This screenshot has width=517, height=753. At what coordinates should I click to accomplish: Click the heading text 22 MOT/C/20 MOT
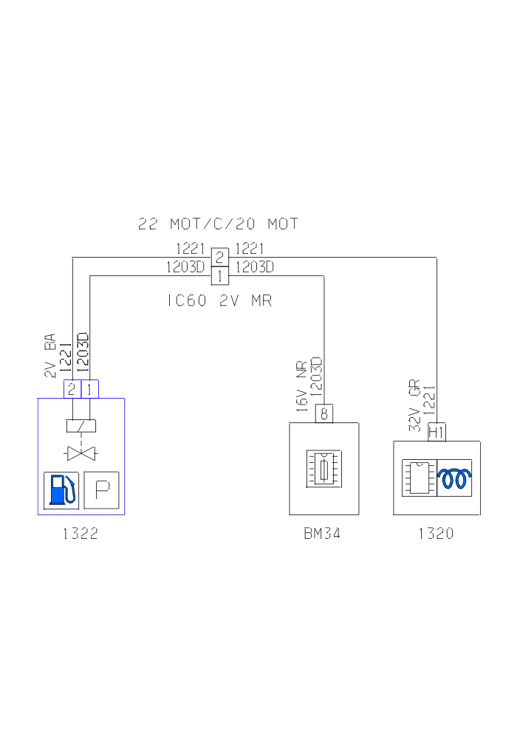click(218, 223)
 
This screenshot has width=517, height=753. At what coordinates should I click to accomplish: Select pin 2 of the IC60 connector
click(219, 257)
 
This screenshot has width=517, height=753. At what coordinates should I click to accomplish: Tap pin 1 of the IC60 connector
click(219, 275)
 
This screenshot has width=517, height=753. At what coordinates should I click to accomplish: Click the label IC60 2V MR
click(219, 300)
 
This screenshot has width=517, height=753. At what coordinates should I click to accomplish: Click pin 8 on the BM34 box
click(323, 413)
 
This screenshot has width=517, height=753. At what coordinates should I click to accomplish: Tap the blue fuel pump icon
click(61, 489)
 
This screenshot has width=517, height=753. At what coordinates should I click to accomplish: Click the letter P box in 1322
click(101, 489)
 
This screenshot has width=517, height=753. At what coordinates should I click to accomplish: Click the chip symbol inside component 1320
click(419, 478)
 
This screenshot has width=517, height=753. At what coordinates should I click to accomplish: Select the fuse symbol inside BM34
click(324, 469)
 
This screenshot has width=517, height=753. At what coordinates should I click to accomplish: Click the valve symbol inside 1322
click(81, 453)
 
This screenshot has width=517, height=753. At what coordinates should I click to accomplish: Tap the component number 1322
click(81, 534)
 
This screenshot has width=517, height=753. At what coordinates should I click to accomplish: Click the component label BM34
click(323, 534)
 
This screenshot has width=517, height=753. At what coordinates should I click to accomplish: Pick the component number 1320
click(436, 534)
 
